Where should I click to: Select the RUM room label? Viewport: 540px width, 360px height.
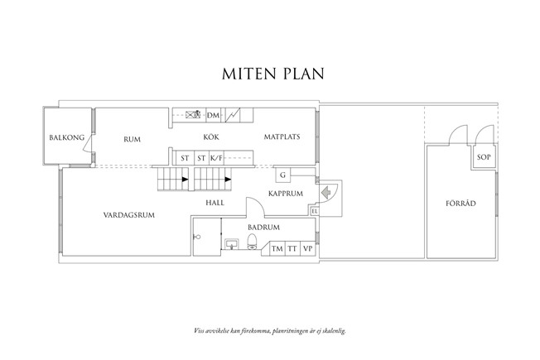[x=132, y=139]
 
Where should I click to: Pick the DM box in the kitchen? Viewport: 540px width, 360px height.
[x=213, y=115]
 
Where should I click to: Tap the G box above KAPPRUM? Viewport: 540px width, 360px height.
[x=282, y=175]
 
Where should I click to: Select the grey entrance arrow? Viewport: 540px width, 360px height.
[x=326, y=192]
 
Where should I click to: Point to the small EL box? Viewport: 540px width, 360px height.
[x=315, y=211]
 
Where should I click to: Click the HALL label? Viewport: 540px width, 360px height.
[x=215, y=201]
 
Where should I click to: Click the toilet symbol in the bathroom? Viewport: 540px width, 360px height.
[x=253, y=242]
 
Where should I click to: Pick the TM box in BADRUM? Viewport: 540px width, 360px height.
[x=276, y=249]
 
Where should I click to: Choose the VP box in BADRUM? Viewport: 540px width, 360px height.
[x=307, y=249]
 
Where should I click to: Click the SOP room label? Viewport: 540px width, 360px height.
[x=481, y=157]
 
